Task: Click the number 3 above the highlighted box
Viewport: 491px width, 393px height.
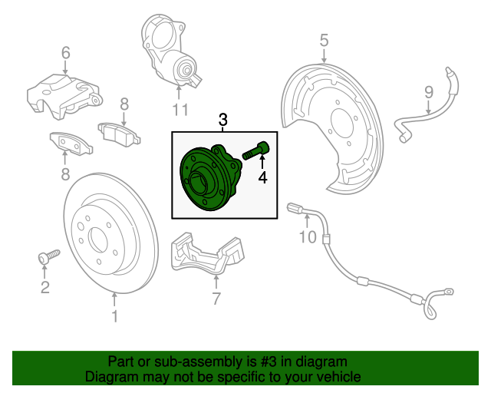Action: [223, 120]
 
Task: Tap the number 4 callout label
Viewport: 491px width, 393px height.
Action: [262, 178]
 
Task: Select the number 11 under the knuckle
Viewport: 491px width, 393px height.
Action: [180, 110]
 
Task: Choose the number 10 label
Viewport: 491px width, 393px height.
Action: [307, 237]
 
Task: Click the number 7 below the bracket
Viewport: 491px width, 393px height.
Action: [216, 299]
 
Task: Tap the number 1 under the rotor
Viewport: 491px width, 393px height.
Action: [115, 315]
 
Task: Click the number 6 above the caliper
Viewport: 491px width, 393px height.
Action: [65, 53]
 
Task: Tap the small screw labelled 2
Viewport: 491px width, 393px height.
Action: [48, 256]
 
